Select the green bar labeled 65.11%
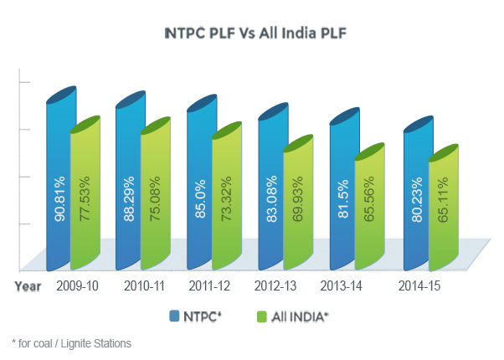440,213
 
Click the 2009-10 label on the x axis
77,286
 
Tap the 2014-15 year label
418,286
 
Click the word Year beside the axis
27,286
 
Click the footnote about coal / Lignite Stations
71,343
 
